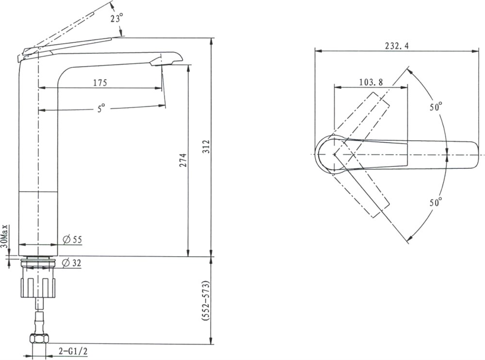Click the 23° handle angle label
[x=116, y=18]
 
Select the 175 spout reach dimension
[x=100, y=82]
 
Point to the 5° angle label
[x=101, y=108]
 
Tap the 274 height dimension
[x=183, y=160]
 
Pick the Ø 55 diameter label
[x=72, y=239]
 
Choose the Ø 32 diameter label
[x=71, y=263]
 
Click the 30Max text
[x=4, y=236]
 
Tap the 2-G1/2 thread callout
[x=73, y=351]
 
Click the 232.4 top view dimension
[x=397, y=46]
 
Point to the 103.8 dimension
[x=371, y=82]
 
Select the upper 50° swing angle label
[x=436, y=107]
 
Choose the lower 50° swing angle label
[x=436, y=203]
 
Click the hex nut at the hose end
[x=39, y=338]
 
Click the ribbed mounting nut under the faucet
[x=38, y=288]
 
